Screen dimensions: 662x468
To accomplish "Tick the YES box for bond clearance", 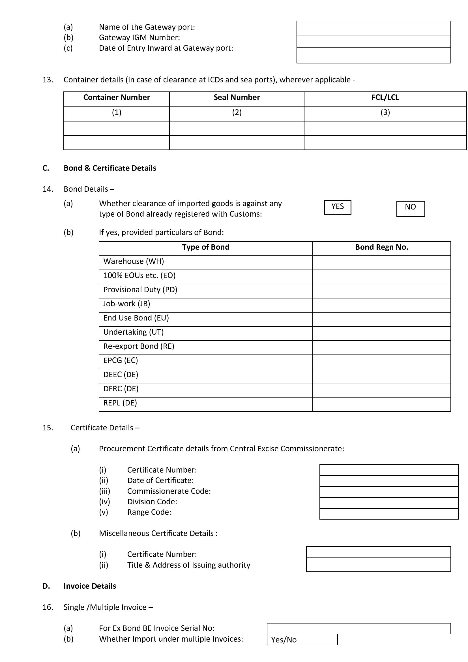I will pos(338,207).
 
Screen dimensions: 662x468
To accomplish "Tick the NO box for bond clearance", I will pos(410,209).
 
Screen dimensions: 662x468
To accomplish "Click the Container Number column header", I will pos(116,97).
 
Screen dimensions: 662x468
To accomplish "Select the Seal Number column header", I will pos(237,97).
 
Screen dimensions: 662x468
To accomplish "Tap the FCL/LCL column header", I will pos(385,97).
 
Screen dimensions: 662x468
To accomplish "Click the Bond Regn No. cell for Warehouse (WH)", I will pos(381,263).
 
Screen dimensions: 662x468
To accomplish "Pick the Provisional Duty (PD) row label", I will pos(140,290).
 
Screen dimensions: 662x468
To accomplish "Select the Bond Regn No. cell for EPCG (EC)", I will pos(381,362).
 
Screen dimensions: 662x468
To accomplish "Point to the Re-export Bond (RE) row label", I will pos(139,346).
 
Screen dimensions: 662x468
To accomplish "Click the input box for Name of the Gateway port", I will pos(373,28).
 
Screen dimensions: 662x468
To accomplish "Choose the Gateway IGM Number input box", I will pos(373,41).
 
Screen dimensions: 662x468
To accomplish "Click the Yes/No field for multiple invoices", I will pos(302,640).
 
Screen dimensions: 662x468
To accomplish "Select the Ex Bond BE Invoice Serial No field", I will pos(358,629).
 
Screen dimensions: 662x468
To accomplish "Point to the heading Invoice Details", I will pos(90,586).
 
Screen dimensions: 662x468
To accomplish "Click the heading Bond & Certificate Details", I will pos(110,168).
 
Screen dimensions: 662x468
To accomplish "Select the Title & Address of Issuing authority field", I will pos(378,564).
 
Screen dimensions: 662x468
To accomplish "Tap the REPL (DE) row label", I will pos(120,403).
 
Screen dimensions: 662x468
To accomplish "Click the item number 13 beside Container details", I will pos(48,80).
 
